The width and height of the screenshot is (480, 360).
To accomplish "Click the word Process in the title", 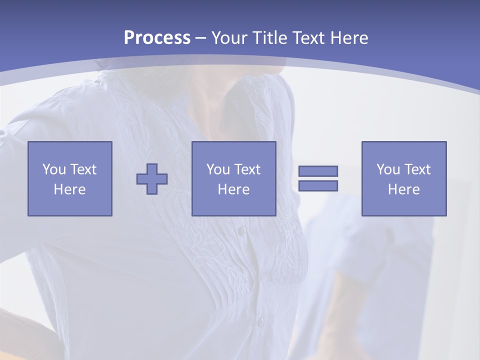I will click(157, 37).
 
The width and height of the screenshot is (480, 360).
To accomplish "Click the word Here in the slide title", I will click(349, 37).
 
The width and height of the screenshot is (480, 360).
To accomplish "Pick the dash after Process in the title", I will click(200, 38).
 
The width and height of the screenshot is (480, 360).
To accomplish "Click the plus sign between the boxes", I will click(152, 179).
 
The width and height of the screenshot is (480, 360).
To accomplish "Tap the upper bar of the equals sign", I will click(318, 171).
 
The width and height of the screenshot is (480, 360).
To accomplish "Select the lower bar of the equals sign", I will click(318, 185).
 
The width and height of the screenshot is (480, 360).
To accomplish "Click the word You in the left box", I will click(53, 169).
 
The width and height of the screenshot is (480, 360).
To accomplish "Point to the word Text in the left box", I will click(83, 169).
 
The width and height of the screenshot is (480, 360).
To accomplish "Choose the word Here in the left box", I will click(69, 189).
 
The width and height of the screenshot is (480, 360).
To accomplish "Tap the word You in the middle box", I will click(218, 169).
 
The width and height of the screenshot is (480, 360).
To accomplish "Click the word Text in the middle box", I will click(247, 169).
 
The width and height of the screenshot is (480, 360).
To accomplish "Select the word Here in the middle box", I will click(233, 189).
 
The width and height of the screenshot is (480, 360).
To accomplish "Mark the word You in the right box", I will click(388, 169).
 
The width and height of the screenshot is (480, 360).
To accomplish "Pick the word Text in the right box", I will click(417, 169).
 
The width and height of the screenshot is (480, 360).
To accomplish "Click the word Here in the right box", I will click(403, 189).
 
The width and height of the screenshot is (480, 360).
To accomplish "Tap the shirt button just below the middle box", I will click(242, 231).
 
